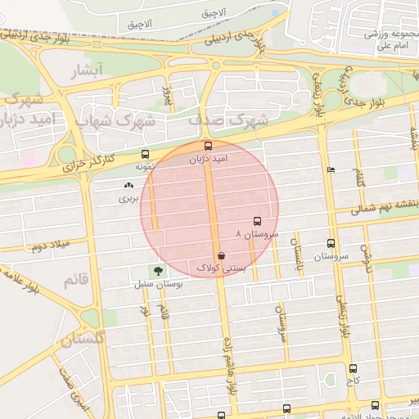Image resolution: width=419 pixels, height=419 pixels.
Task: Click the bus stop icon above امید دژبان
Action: pos(208,146)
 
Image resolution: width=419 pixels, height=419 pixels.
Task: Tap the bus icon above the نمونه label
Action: pos(146,154)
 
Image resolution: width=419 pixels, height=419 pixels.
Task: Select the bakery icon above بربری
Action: pos(128,186)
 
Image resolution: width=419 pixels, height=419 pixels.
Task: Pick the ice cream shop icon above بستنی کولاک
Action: pos(222,255)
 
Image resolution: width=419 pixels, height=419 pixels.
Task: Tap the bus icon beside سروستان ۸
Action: pos(258,221)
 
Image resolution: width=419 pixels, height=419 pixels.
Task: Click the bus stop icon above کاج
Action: pos(353,369)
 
